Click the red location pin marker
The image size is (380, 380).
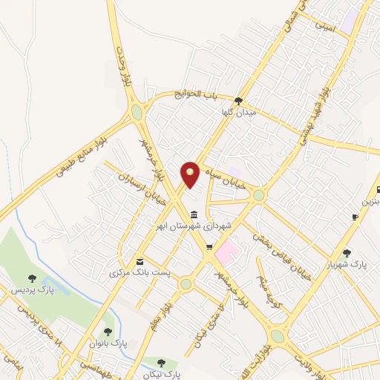(190, 174)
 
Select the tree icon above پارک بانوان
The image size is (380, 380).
(108, 332)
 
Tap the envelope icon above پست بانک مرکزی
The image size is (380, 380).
(140, 261)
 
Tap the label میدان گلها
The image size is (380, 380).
(239, 112)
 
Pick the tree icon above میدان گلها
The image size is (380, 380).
(237, 101)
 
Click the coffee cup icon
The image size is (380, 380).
(355, 216)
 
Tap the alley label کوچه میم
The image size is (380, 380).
(266, 284)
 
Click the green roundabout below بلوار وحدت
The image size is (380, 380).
(137, 113)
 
